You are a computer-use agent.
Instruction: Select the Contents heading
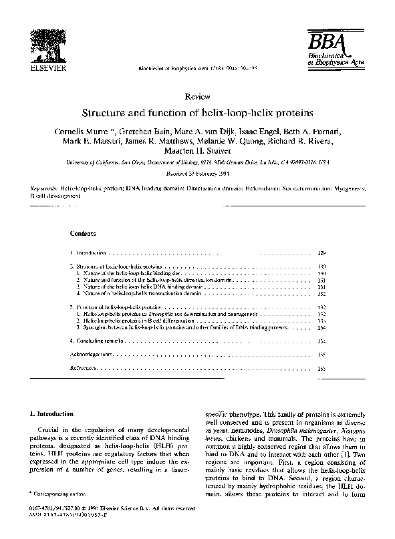point(83,234)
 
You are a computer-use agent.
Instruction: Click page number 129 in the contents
point(321,254)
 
